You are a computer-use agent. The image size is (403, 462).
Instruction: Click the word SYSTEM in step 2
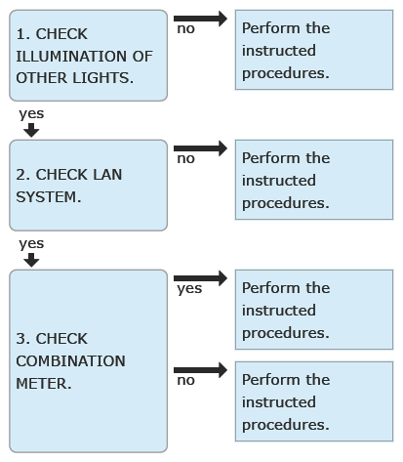click(x=46, y=197)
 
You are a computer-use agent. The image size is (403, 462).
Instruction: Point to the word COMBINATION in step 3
click(x=70, y=361)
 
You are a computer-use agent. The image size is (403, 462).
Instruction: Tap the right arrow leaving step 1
click(x=200, y=19)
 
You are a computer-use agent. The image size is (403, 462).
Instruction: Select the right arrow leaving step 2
click(x=200, y=148)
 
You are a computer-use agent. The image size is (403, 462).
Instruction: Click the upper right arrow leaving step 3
click(x=200, y=278)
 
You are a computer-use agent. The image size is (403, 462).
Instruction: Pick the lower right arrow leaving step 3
click(x=200, y=370)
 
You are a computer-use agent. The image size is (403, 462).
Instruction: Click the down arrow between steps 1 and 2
click(x=31, y=130)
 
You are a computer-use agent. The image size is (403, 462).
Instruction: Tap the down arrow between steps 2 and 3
click(x=31, y=260)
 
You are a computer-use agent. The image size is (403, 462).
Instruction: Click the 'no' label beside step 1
click(x=185, y=29)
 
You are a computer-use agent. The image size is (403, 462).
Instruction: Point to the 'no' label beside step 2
click(x=185, y=159)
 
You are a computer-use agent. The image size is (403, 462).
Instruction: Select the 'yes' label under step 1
click(x=31, y=114)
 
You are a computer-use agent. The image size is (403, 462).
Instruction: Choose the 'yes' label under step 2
click(x=31, y=244)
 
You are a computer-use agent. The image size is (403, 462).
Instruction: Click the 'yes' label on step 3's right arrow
click(x=189, y=289)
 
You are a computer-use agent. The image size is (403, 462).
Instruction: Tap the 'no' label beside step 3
click(x=185, y=381)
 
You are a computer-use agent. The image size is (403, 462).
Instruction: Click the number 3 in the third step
click(x=21, y=339)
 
